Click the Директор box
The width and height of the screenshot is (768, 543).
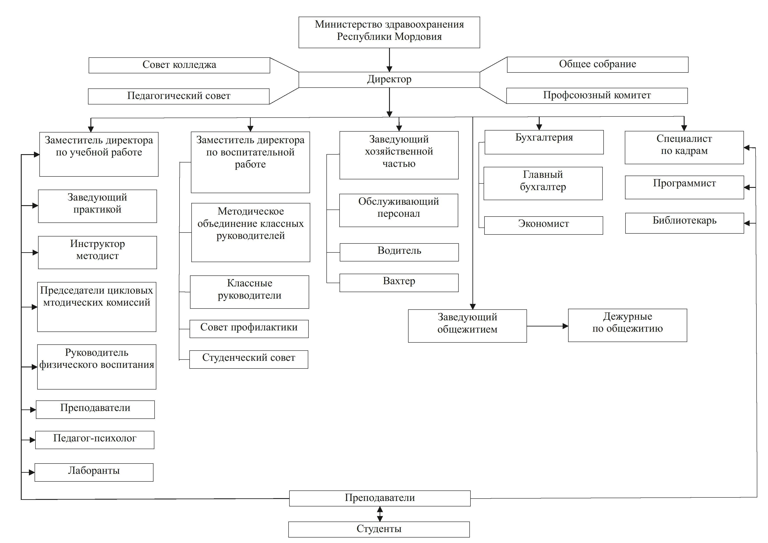389,80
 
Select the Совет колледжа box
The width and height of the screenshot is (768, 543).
179,65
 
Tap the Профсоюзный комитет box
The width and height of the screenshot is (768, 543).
597,96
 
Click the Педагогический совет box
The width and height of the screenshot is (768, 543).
179,96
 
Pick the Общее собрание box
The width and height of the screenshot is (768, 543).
598,65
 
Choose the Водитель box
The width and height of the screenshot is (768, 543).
399,252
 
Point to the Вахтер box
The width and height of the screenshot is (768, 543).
399,283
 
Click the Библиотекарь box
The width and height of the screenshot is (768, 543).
685,223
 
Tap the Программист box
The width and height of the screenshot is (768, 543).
685,187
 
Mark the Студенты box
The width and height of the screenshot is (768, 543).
379,530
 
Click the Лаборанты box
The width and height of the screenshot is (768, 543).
94,472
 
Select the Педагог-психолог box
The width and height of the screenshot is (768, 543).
95,440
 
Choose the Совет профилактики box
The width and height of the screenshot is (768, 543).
249,329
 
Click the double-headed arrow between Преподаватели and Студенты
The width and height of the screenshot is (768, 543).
380,514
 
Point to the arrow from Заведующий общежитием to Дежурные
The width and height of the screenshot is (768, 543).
548,326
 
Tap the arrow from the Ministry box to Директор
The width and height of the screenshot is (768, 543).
389,60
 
